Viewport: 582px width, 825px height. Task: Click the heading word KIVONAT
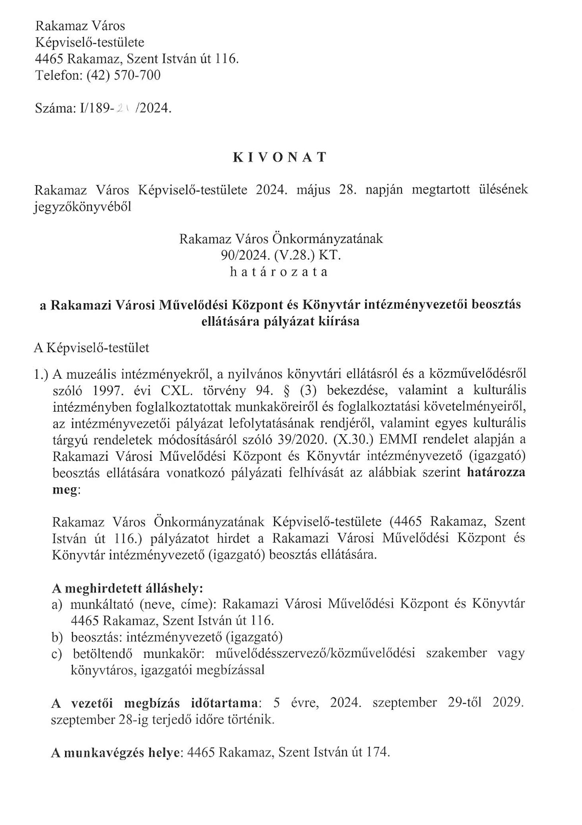(279, 158)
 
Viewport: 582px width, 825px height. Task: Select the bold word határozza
(495, 473)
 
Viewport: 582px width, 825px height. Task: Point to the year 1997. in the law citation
(104, 390)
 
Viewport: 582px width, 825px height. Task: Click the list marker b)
(57, 637)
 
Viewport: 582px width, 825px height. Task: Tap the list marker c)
(57, 654)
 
